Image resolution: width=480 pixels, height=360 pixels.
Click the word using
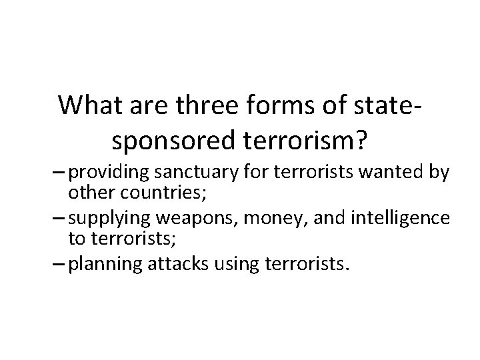pos(220,264)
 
